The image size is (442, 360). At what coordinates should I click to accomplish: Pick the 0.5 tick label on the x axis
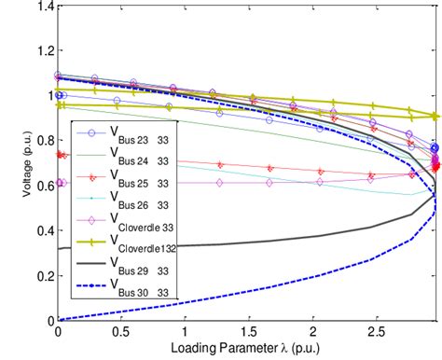[x=121, y=332]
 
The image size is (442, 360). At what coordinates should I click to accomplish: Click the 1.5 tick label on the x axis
[x=248, y=332]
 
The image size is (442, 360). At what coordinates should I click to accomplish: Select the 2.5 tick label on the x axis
[x=374, y=332]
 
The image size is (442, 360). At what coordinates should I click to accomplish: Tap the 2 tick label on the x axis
[x=311, y=332]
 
